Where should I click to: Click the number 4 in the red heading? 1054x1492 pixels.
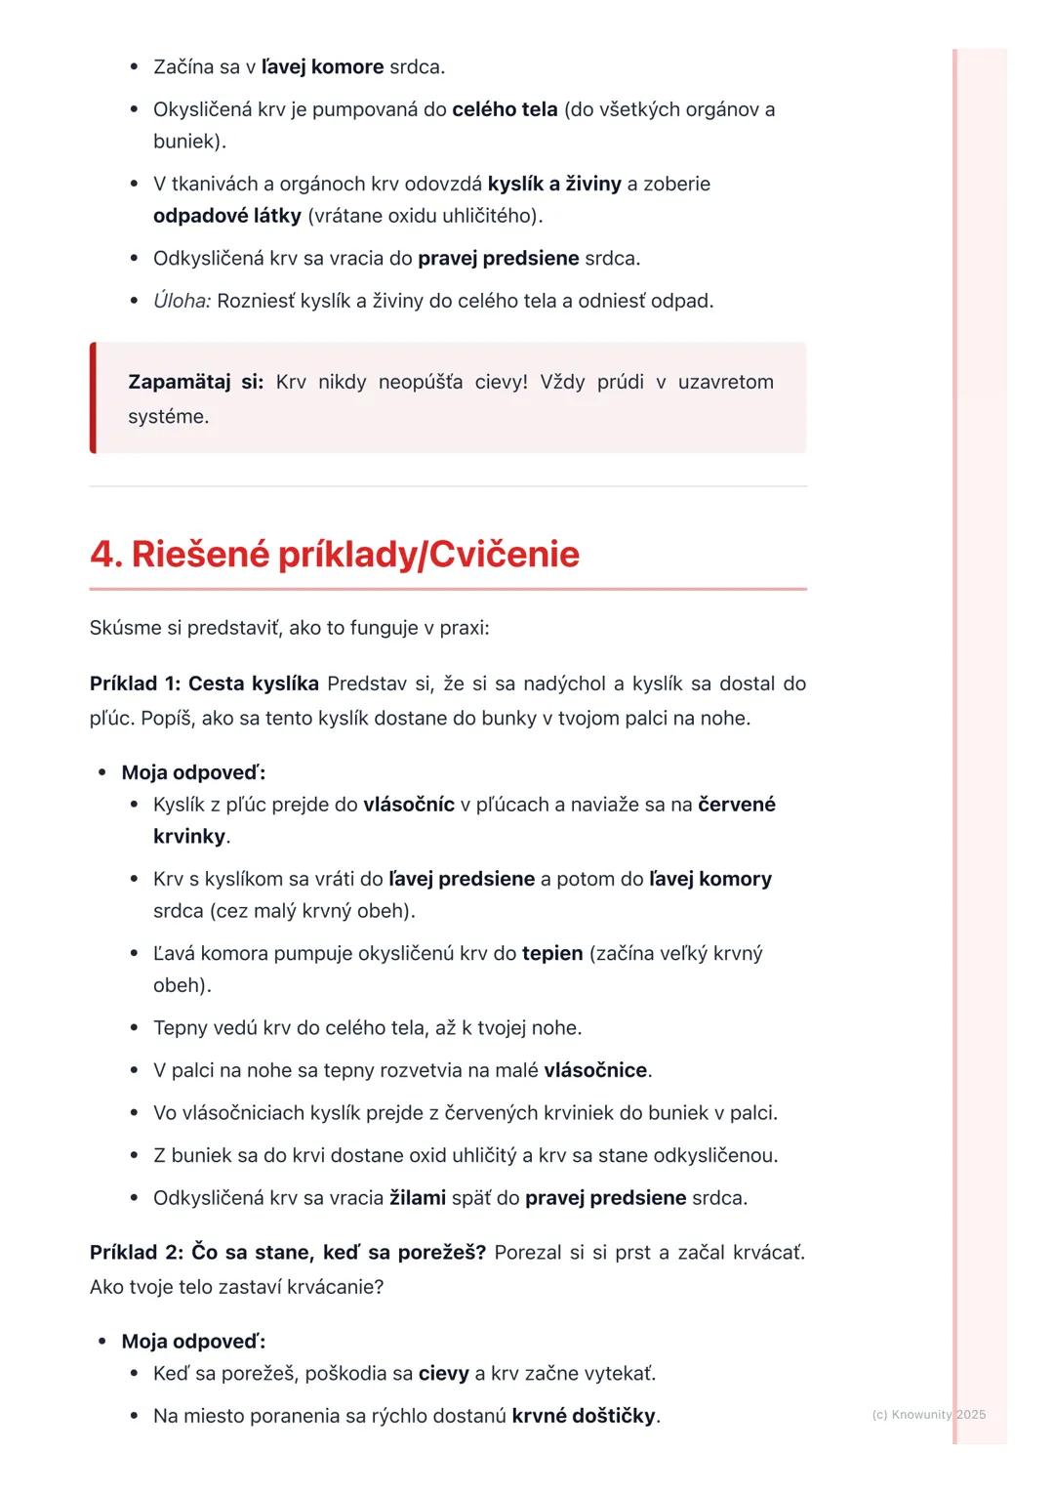103,555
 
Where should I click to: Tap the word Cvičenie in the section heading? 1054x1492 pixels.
504,555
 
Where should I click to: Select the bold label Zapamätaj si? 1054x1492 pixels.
195,382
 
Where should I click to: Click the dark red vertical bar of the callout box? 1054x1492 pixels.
93,397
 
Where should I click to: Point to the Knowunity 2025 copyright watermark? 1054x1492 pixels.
928,1414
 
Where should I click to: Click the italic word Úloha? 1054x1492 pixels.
182,301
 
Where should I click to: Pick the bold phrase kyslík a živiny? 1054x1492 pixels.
554,184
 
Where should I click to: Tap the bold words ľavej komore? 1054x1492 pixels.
323,67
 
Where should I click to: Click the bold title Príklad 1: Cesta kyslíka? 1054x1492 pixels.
204,684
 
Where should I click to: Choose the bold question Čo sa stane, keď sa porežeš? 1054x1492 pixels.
338,1252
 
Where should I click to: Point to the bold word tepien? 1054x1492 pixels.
552,953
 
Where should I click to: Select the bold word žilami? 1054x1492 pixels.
418,1197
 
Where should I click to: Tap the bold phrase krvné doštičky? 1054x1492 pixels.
584,1415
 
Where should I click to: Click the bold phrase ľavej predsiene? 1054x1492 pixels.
462,879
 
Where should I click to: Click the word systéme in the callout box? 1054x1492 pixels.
168,417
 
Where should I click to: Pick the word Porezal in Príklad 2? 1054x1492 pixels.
527,1252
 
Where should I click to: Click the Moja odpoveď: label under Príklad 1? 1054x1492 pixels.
193,773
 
